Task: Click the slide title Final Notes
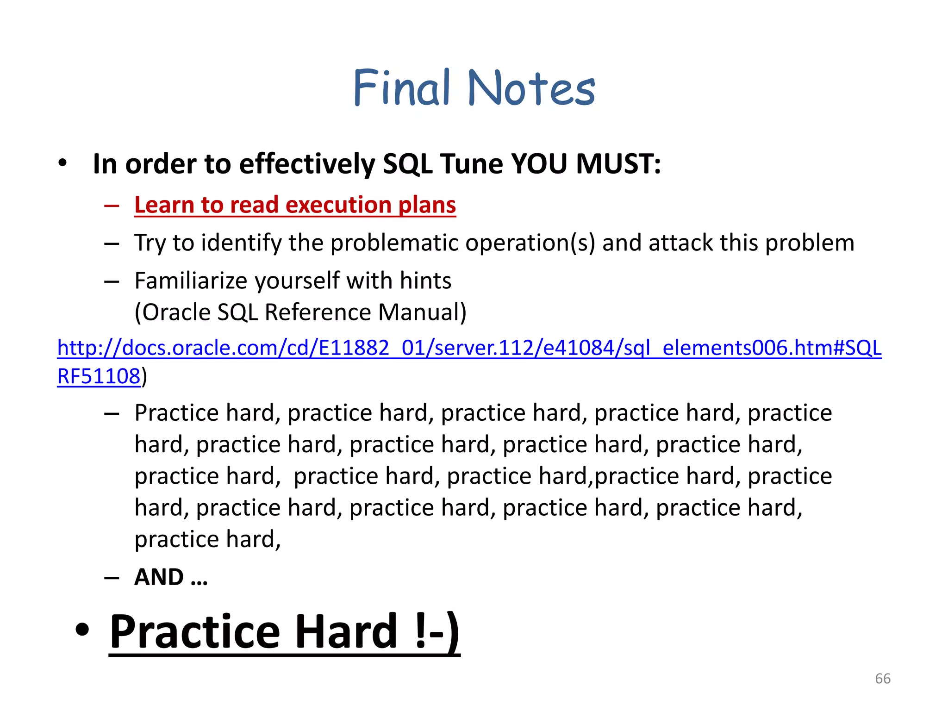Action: click(x=474, y=88)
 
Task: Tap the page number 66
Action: click(x=882, y=679)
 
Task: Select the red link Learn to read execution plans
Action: click(x=295, y=205)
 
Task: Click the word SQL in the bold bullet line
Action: click(x=407, y=164)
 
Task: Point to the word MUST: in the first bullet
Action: click(x=618, y=164)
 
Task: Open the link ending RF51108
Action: click(x=98, y=376)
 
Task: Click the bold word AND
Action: click(x=159, y=577)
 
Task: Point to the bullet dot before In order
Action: click(x=62, y=163)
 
